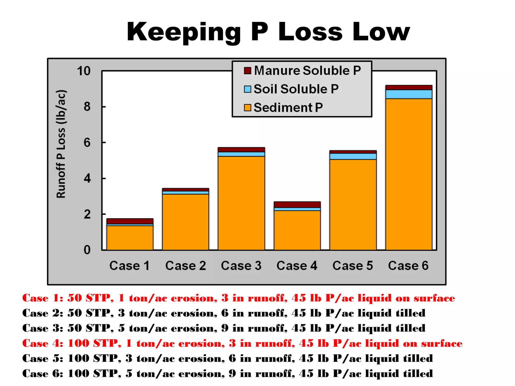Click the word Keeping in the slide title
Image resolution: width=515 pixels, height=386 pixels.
coord(184,32)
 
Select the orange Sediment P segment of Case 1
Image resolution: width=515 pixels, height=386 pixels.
coord(130,238)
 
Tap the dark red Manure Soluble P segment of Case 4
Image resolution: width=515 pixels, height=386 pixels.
coord(297,205)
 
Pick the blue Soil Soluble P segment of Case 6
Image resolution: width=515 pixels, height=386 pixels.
coord(409,94)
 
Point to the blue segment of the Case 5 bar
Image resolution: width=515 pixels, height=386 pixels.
coord(353,156)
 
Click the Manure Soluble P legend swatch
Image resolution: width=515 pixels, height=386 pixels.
coord(247,71)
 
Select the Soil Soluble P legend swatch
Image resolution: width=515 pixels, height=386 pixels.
coord(247,89)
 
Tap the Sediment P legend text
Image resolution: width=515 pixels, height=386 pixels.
coord(288,108)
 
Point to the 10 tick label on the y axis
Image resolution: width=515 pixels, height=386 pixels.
coord(84,71)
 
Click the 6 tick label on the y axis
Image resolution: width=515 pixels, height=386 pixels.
coord(87,143)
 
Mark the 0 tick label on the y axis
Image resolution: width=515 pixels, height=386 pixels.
coord(87,250)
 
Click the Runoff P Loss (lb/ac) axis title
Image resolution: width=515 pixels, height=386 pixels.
coord(61,144)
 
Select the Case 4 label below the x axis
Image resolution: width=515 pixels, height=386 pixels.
coord(297,266)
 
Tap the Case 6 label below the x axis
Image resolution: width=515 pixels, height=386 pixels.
coord(408,266)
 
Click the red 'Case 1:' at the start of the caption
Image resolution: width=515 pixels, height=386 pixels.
coord(43,298)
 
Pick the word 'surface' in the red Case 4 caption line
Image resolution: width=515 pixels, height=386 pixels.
coord(442,344)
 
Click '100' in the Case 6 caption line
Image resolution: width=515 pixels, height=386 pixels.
coord(79,374)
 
